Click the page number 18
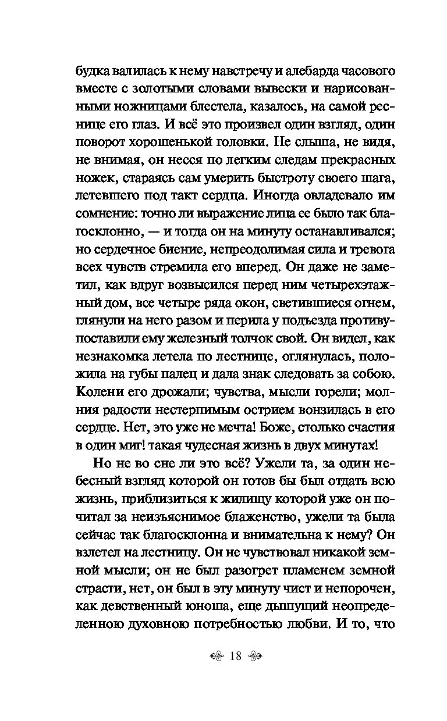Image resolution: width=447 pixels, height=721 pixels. tap(236, 656)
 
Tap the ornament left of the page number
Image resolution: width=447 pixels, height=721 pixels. tap(216, 656)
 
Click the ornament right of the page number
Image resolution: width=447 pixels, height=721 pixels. tap(256, 656)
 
